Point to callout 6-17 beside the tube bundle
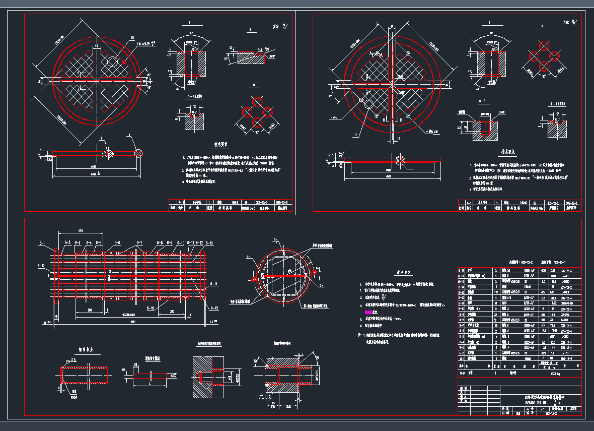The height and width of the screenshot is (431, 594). point(41,265)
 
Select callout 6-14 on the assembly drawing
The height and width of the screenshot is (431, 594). point(214,285)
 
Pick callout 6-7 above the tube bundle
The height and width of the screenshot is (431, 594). point(139,243)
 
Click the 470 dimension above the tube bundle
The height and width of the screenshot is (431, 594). point(80,230)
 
